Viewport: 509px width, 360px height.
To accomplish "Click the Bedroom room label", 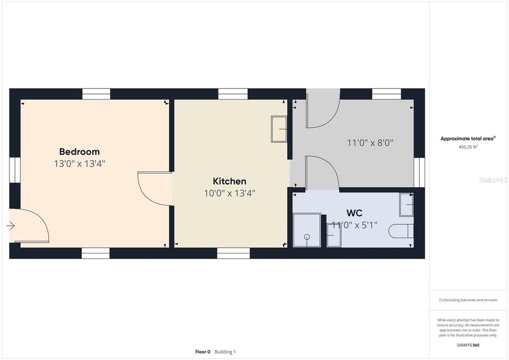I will tap(80, 152).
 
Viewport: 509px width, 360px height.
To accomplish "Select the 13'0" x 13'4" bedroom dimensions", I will tap(80, 164).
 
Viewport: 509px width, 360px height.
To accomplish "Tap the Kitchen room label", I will tap(229, 181).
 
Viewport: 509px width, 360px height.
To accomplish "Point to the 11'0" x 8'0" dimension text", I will tap(370, 143).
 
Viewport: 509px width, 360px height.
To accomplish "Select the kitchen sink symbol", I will tap(279, 129).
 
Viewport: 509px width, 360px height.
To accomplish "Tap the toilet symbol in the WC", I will tap(401, 231).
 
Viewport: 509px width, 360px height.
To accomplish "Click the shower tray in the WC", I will tap(307, 230).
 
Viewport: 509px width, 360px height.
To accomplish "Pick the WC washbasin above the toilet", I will tap(406, 204).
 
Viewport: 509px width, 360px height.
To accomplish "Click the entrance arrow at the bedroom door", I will tap(10, 226).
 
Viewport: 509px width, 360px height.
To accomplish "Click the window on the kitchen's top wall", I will tap(233, 94).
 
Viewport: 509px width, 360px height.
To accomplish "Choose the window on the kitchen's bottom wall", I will tap(233, 254).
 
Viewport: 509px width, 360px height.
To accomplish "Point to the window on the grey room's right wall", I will tap(419, 173).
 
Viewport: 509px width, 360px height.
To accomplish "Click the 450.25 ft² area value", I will tap(468, 147).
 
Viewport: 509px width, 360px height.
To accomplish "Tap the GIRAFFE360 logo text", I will tap(468, 345).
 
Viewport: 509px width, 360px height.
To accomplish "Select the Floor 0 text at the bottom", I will tap(202, 352).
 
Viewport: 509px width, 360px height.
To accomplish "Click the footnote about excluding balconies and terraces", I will tap(468, 300).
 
